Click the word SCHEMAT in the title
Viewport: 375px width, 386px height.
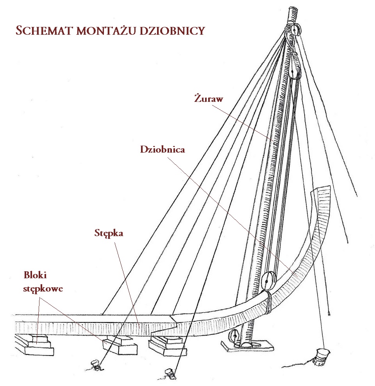(x=45, y=30)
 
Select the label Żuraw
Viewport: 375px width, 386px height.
(x=209, y=98)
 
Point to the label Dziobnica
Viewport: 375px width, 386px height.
(x=162, y=149)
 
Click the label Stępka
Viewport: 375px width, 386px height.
(x=109, y=233)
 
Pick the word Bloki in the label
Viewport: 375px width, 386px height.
(x=35, y=275)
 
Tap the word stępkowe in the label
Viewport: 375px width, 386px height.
(x=43, y=288)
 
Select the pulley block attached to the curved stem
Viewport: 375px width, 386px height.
(x=268, y=281)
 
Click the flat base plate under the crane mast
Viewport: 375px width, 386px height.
(x=248, y=345)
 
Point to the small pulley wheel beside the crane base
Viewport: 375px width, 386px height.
(x=234, y=336)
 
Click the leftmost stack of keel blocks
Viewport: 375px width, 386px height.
(x=34, y=345)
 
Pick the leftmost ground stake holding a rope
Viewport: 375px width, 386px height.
(x=96, y=364)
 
